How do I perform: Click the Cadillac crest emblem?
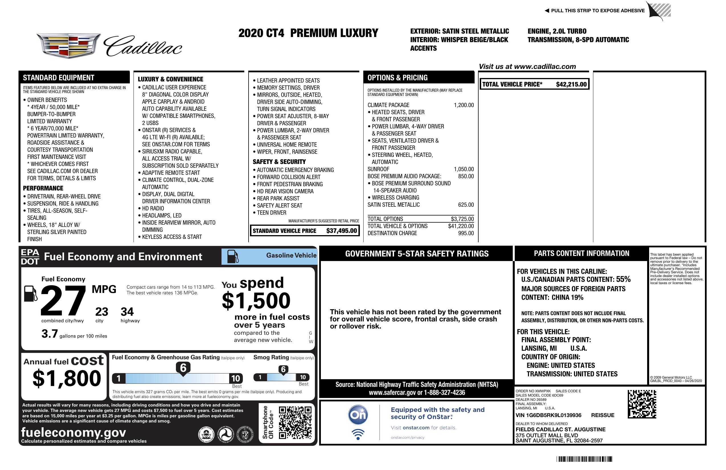pyautogui.click(x=68, y=46)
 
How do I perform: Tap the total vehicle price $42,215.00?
pyautogui.click(x=571, y=85)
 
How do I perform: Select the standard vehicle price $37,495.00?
pyautogui.click(x=341, y=231)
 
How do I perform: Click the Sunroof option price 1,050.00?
pyautogui.click(x=464, y=169)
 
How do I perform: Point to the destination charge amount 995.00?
pyautogui.click(x=466, y=233)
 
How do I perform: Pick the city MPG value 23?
pyautogui.click(x=102, y=312)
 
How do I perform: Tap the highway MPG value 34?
pyautogui.click(x=127, y=312)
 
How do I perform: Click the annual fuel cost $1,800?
pyautogui.click(x=67, y=378)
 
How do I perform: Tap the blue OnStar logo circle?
pyautogui.click(x=358, y=415)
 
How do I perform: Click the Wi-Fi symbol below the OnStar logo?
pyautogui.click(x=358, y=434)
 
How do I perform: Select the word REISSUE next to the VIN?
pyautogui.click(x=602, y=415)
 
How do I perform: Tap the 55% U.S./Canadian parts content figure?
pyautogui.click(x=623, y=279)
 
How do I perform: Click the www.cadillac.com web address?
pyautogui.click(x=545, y=67)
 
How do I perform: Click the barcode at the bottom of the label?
pyautogui.click(x=584, y=459)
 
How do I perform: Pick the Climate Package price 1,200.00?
pyautogui.click(x=464, y=105)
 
